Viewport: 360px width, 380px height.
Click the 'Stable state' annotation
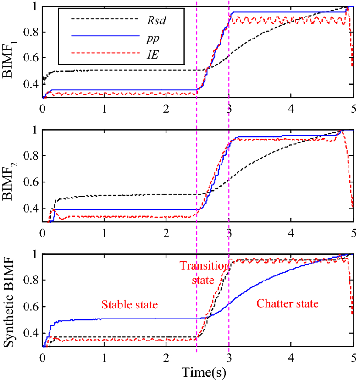pyautogui.click(x=129, y=305)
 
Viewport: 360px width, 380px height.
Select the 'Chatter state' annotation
pyautogui.click(x=288, y=303)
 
